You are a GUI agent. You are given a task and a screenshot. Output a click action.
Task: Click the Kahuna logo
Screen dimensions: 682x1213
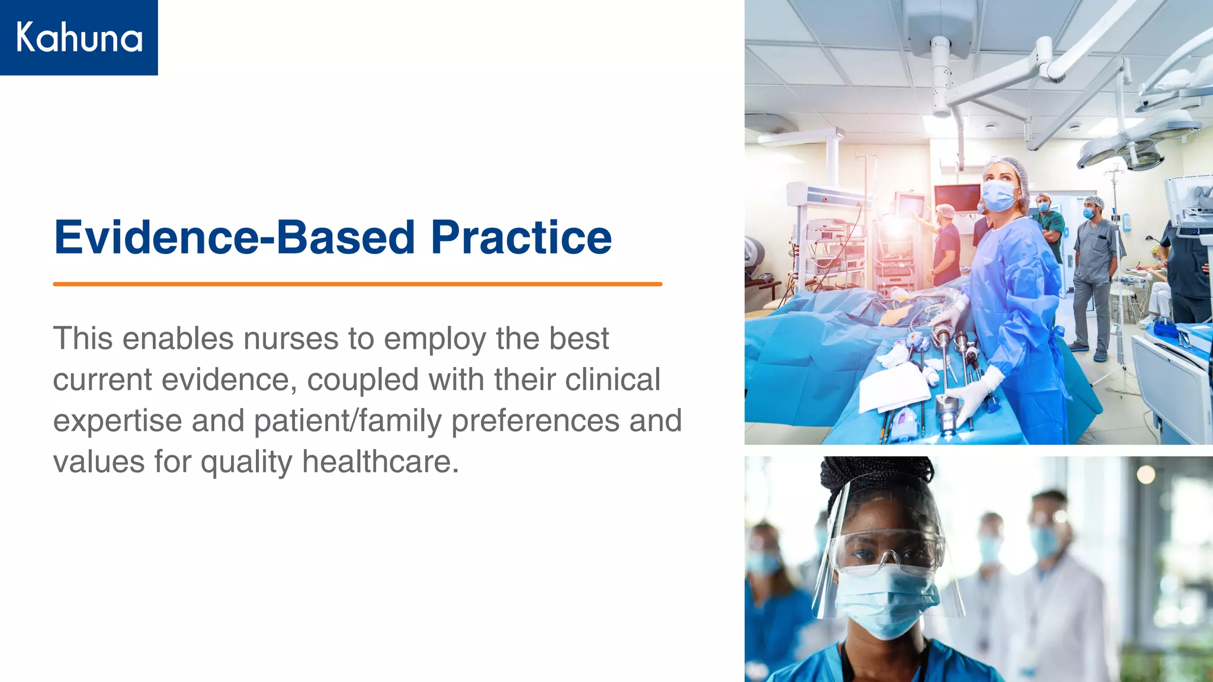tap(79, 37)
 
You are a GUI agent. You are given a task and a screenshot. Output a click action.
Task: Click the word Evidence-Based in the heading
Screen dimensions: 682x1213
tap(234, 237)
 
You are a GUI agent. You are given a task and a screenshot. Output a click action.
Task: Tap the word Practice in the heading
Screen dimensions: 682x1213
tap(521, 237)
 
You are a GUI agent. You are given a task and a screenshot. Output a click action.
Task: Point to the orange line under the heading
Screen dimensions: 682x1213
tap(357, 284)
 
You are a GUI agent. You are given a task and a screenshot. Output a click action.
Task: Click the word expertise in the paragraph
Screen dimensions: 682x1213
tap(117, 421)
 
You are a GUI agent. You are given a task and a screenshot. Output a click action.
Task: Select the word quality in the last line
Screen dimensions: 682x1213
tap(246, 462)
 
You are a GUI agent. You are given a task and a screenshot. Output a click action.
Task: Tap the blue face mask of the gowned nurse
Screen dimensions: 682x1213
tap(999, 195)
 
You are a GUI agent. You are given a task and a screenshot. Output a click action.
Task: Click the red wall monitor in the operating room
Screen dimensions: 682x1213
tap(957, 198)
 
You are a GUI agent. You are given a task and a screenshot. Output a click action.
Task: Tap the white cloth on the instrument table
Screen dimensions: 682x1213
tap(893, 388)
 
